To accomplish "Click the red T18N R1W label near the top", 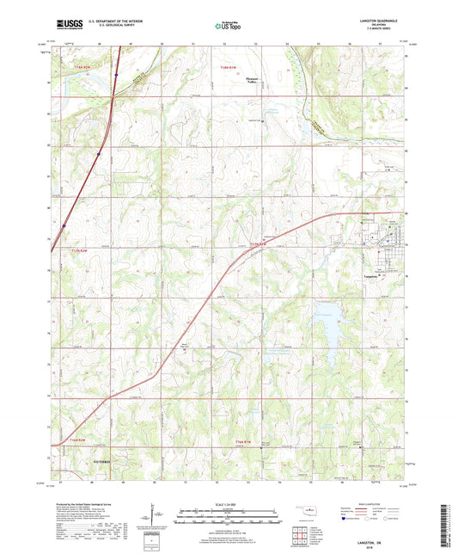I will tap(227, 65).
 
